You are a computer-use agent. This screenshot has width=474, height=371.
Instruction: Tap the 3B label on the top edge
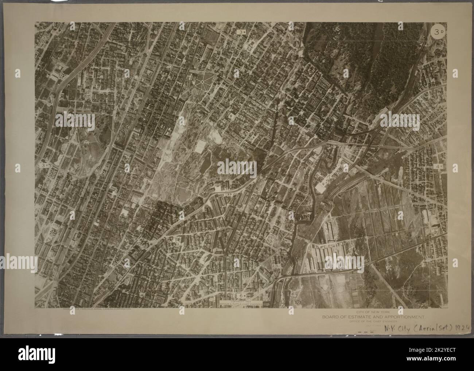click(241, 32)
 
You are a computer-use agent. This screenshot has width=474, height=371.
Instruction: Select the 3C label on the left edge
click(44, 165)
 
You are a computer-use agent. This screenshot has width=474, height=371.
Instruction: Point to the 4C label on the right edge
click(438, 166)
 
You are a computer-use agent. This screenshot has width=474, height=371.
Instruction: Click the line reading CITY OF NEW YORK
click(371, 312)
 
